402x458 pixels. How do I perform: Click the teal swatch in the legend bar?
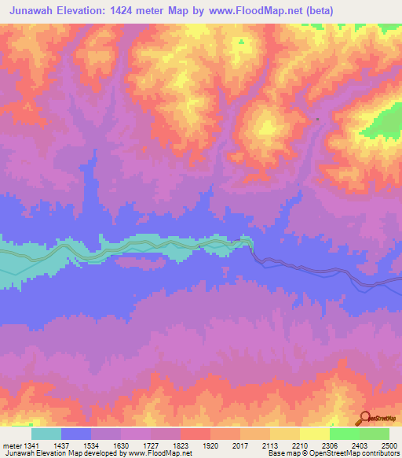46,434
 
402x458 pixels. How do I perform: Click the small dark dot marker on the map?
317,119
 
